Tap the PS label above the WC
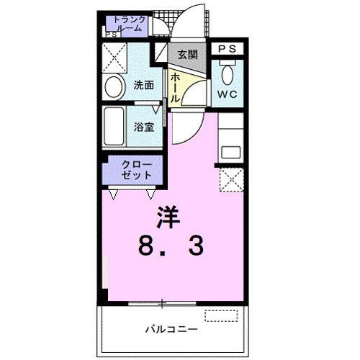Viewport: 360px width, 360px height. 227,48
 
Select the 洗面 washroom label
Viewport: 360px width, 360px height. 143,85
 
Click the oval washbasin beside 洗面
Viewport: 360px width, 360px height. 114,87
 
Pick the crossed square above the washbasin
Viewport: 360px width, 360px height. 114,56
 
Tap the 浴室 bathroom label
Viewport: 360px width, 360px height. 143,127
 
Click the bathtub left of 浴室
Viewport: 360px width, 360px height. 115,127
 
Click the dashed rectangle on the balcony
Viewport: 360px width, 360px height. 220,315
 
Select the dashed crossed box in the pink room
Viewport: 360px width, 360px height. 231,181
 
